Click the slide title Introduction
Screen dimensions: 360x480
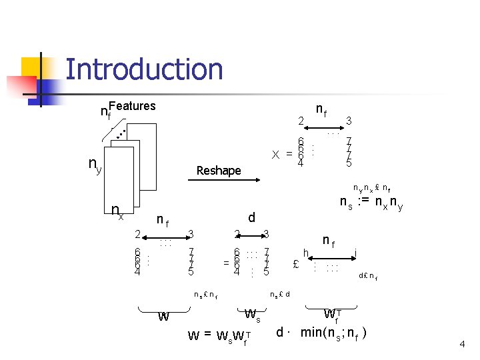click(x=144, y=69)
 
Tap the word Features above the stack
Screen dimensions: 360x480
click(x=132, y=105)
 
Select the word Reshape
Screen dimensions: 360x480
click(x=219, y=171)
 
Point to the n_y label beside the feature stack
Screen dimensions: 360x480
click(x=95, y=164)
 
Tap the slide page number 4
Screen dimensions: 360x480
click(x=461, y=344)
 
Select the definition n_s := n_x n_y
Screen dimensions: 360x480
click(x=371, y=201)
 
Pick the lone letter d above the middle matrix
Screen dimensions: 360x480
click(x=251, y=217)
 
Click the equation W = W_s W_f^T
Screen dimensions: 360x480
click(x=220, y=335)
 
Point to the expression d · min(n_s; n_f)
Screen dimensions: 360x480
click(x=323, y=331)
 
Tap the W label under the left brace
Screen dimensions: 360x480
click(x=163, y=317)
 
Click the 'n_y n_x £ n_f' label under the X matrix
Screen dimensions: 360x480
click(x=372, y=188)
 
